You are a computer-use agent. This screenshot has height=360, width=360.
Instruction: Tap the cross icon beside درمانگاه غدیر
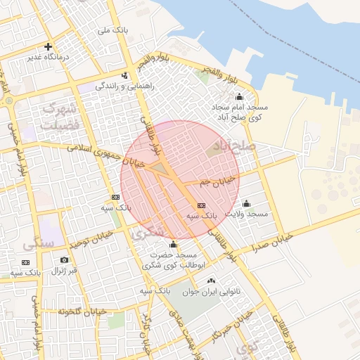coord(48,47)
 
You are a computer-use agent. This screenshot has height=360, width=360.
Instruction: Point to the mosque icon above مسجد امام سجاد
coord(239,96)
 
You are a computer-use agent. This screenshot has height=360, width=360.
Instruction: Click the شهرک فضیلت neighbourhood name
coord(58,116)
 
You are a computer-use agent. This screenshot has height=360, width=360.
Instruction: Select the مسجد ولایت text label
coord(247,213)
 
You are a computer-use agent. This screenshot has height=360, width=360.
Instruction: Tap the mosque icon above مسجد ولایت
coord(246,203)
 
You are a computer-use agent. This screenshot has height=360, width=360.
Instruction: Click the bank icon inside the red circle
coord(202,206)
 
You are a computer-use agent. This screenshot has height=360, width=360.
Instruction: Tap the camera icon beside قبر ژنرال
coord(65,260)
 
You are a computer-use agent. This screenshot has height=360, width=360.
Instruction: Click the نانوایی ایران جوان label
coord(211,291)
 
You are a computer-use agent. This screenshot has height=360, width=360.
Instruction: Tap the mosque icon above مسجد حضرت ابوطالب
coord(173,244)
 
